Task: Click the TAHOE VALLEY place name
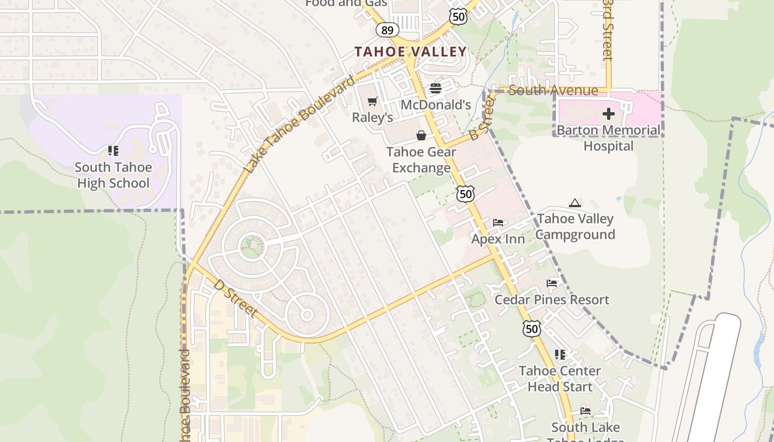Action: (x=410, y=52)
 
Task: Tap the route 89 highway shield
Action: (x=387, y=30)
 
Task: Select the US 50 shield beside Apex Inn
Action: (x=466, y=193)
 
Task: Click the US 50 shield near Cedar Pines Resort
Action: (x=532, y=329)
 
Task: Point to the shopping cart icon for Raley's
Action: (x=373, y=101)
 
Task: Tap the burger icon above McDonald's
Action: (x=436, y=88)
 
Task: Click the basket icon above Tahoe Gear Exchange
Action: (x=421, y=135)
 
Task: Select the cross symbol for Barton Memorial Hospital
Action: (x=609, y=114)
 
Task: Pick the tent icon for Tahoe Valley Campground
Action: (x=575, y=203)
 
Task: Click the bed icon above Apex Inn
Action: (x=498, y=223)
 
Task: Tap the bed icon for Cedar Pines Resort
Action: (x=552, y=283)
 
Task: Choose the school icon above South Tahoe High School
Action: (x=113, y=151)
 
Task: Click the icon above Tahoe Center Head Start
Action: (x=560, y=354)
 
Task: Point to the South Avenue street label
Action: (x=553, y=91)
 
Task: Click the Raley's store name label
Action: (x=373, y=118)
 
